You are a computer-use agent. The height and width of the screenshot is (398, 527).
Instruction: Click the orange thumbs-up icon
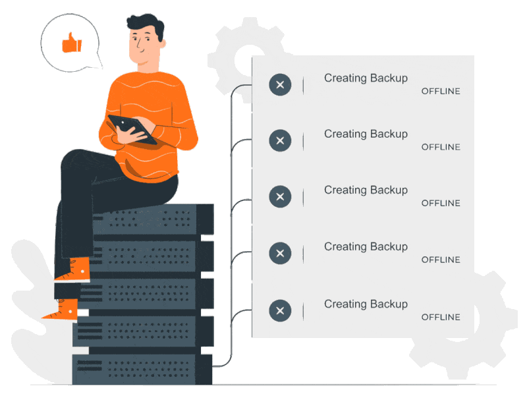click(71, 43)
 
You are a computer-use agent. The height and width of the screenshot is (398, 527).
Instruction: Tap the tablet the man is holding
click(132, 128)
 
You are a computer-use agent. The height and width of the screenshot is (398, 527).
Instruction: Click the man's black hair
click(146, 25)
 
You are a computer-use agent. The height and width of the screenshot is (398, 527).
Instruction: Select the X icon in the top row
click(280, 84)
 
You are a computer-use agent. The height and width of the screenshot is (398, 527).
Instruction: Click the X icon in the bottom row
click(280, 310)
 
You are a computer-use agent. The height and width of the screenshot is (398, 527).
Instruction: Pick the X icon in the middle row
click(280, 196)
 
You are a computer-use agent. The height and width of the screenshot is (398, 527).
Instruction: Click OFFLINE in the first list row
click(441, 91)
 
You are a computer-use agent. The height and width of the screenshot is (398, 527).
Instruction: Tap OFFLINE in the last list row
click(441, 317)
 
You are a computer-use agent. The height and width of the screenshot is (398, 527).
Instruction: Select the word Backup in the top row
click(389, 78)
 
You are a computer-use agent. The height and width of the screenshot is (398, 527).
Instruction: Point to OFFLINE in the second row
click(441, 147)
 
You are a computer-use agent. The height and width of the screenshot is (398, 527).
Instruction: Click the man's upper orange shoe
click(74, 270)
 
